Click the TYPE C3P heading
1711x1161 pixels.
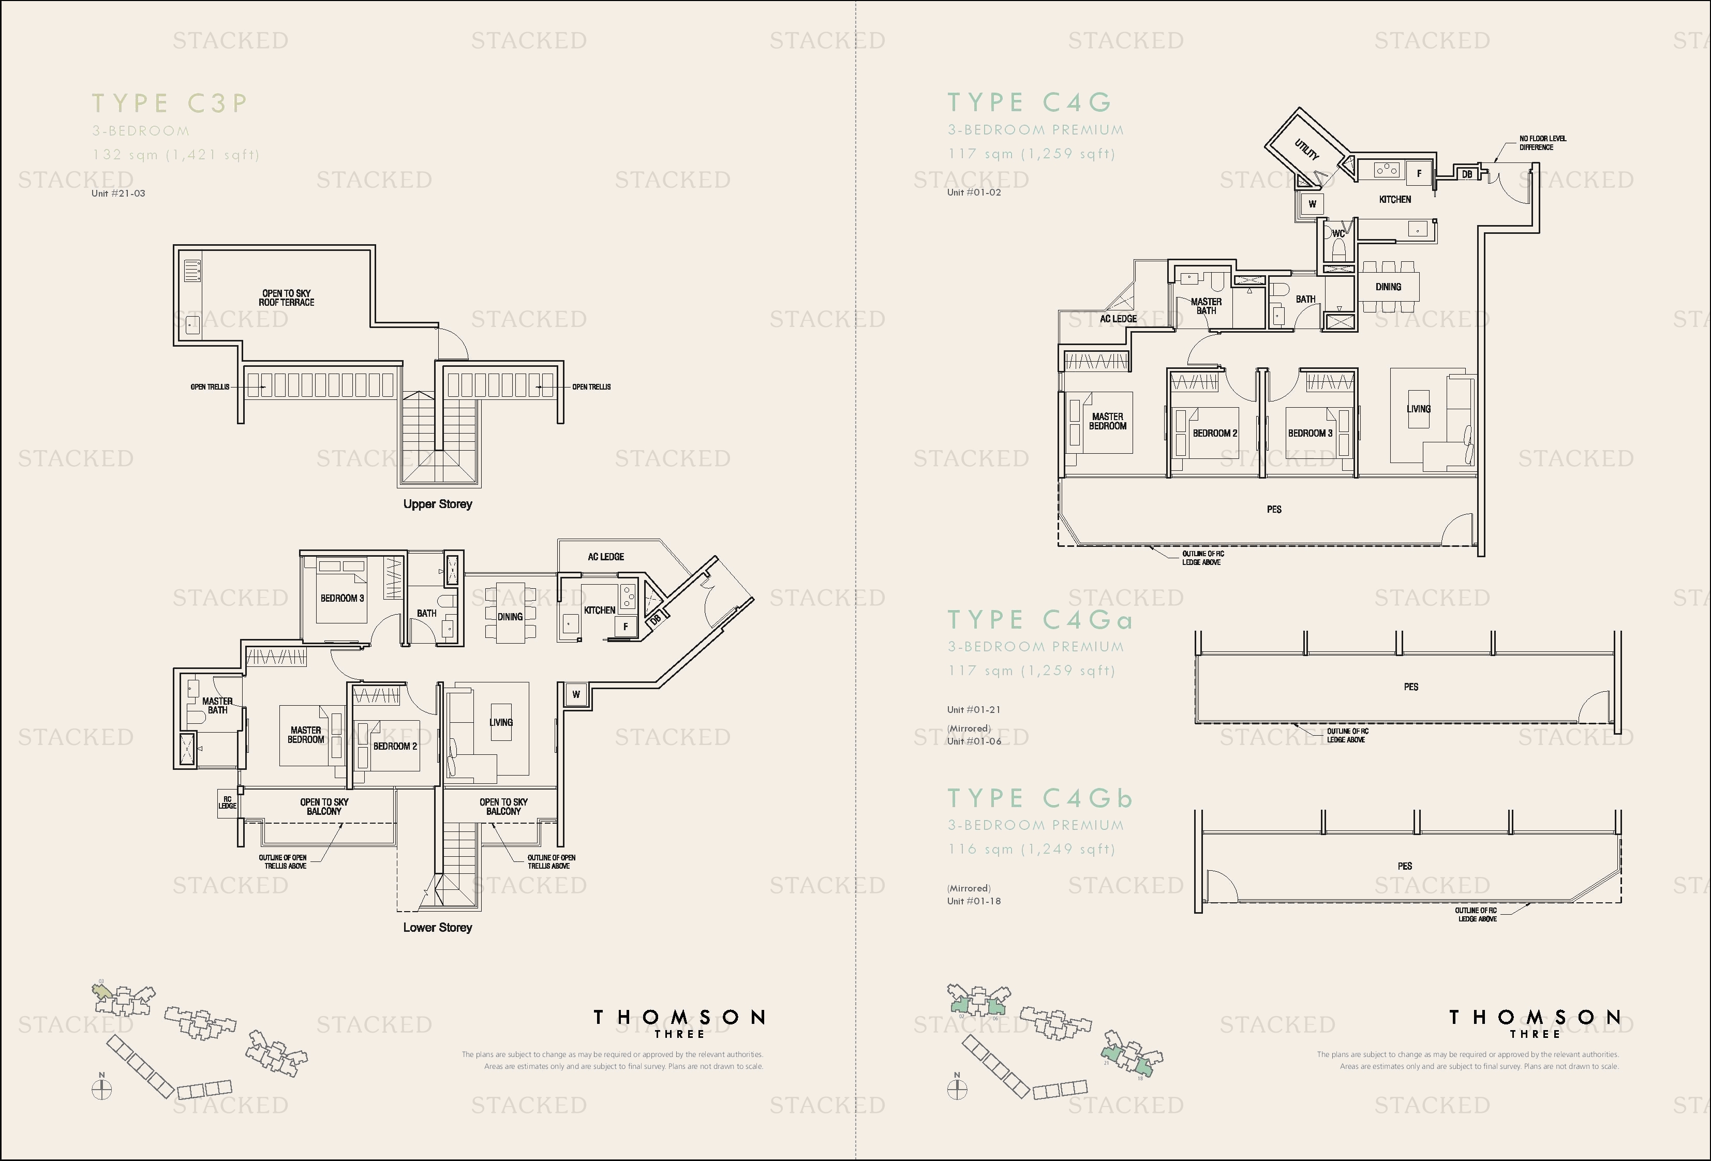pos(169,103)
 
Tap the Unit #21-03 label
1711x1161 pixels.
pos(118,193)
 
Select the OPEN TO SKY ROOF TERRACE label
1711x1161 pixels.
pos(287,297)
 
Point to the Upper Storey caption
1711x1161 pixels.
pos(437,504)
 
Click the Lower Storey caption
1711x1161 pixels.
pos(437,928)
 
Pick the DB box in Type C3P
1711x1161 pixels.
pos(655,620)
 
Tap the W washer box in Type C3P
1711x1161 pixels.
pos(576,694)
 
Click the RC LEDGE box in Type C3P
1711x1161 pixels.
pos(227,802)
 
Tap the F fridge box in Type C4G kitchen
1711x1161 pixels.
pos(1419,174)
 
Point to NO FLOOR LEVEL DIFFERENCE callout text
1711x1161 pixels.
pos(1542,143)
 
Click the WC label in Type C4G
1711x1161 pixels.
pos(1338,234)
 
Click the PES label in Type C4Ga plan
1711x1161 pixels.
pos(1410,687)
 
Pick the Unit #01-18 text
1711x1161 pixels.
pos(973,901)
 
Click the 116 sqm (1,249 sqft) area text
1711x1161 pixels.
pos(1031,849)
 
